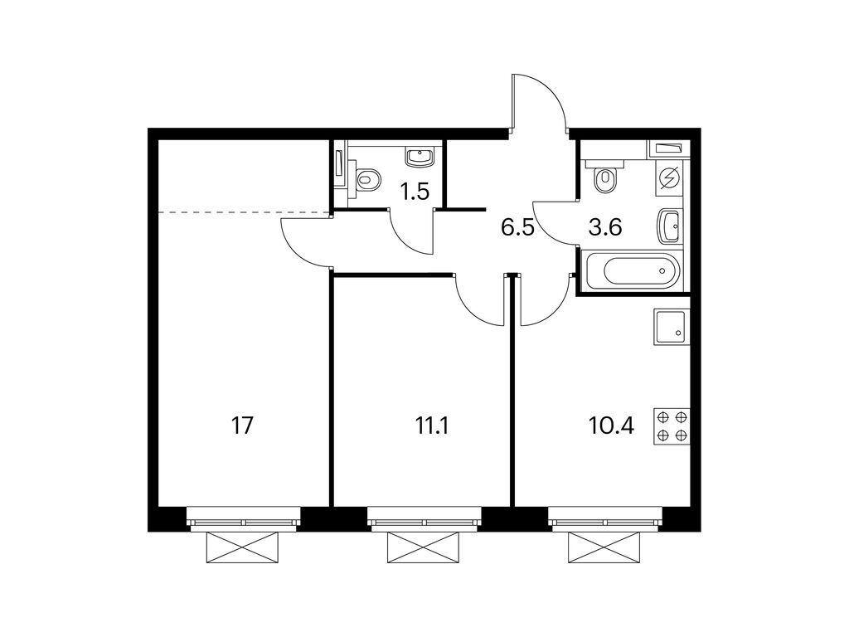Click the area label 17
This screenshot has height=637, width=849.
coord(242,426)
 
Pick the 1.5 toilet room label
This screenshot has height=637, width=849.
coord(415,192)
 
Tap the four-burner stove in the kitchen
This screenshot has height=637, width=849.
coord(672,426)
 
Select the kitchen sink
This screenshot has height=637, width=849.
coord(671,327)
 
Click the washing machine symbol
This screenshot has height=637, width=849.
coord(671,177)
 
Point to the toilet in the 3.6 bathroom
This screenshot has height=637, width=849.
coord(606,176)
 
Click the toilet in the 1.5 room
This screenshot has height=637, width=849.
coord(366,178)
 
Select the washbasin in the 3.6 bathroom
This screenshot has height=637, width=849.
coord(670,225)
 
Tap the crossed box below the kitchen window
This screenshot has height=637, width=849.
coord(605,547)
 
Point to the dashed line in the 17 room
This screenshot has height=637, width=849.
coord(244,212)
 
